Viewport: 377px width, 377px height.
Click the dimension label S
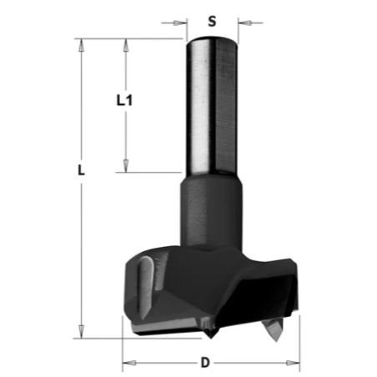tap(212, 21)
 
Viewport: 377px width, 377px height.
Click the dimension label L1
tap(124, 100)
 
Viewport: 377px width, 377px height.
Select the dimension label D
tap(205, 363)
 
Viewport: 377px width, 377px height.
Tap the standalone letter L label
tap(81, 170)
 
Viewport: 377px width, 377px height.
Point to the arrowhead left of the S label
tap(180, 23)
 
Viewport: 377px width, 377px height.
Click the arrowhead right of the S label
tap(245, 23)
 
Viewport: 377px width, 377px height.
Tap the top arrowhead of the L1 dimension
tap(126, 45)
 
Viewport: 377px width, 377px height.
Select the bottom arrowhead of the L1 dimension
tap(126, 166)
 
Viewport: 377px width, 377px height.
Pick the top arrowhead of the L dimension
tap(81, 45)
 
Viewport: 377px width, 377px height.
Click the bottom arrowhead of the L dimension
tap(81, 332)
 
